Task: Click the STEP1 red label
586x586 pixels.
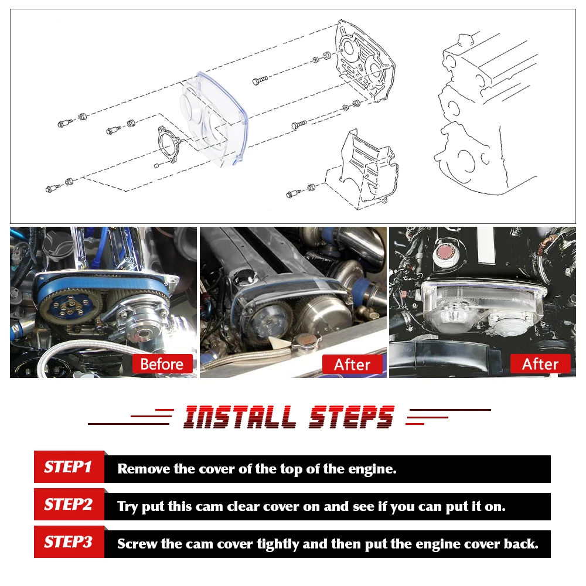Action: click(x=69, y=467)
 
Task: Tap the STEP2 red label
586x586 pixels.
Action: click(x=69, y=505)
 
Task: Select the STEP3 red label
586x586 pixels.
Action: click(x=69, y=542)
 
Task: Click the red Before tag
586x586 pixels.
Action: click(x=162, y=364)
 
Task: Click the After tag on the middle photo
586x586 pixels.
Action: click(x=352, y=364)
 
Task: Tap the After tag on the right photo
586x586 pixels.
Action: click(x=540, y=364)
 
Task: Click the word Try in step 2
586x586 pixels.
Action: click(x=128, y=506)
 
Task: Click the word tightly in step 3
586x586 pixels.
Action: click(x=277, y=544)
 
